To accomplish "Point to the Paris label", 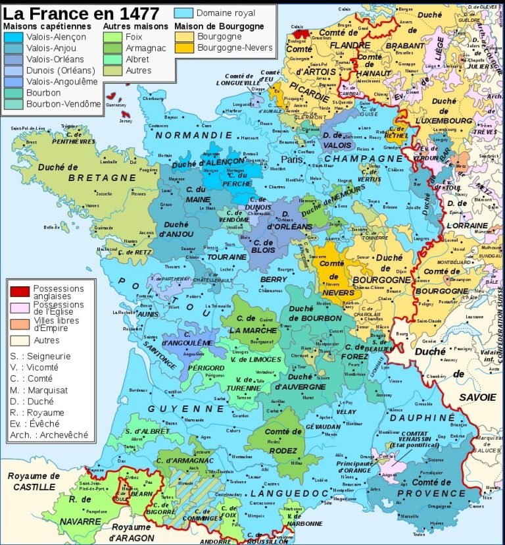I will tap(293, 159).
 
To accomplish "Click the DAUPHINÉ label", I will tap(421, 417).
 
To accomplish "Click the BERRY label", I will tap(273, 280).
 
